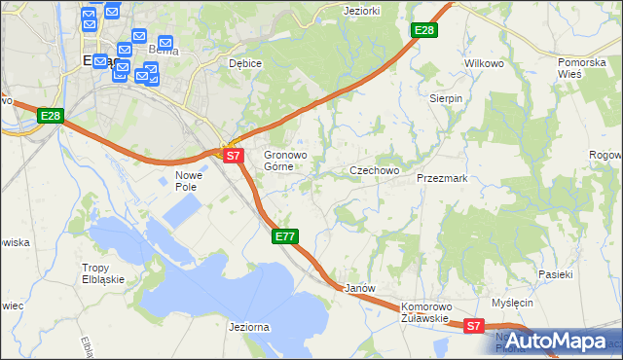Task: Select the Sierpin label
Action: [x=446, y=99]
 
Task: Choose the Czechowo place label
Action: [x=375, y=170]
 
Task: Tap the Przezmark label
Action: [x=442, y=179]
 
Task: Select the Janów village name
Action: [x=360, y=289]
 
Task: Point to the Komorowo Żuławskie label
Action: [x=424, y=311]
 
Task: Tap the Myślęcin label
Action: [x=513, y=303]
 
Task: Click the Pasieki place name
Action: [x=555, y=274]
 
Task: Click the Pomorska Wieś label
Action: [x=582, y=68]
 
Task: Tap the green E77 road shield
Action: [x=284, y=236]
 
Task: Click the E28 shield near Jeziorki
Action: [x=423, y=31]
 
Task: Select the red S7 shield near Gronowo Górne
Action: [x=232, y=155]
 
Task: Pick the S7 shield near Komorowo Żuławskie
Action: [x=473, y=327]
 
